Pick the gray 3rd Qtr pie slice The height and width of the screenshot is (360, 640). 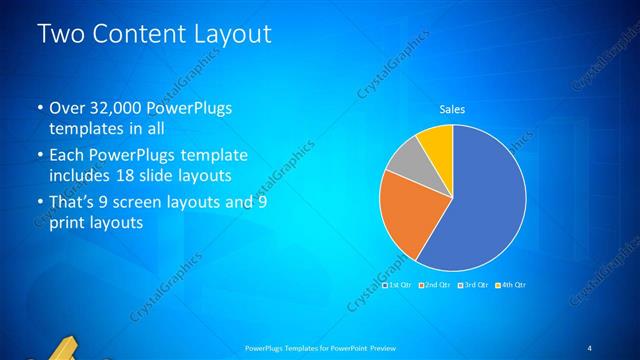pyautogui.click(x=404, y=159)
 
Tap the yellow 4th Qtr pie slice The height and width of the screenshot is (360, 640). pyautogui.click(x=438, y=143)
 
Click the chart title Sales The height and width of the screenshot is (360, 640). pyautogui.click(x=453, y=109)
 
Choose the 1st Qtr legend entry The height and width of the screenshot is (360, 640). pyautogui.click(x=401, y=285)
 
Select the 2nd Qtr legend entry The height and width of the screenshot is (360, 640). pyautogui.click(x=437, y=285)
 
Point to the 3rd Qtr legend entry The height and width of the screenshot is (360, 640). pyautogui.click(x=474, y=285)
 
